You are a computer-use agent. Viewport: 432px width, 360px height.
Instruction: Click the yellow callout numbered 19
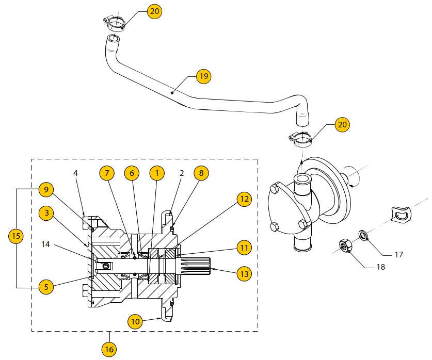click(x=204, y=76)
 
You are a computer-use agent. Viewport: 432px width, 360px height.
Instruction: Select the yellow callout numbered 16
click(x=109, y=349)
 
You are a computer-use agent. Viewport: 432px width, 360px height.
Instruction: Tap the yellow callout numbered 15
click(x=16, y=236)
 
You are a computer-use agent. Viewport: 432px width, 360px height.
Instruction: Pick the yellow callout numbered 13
click(x=244, y=273)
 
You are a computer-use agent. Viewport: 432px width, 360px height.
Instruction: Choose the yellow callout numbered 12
click(x=244, y=199)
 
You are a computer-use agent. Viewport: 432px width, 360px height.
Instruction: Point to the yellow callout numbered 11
click(x=244, y=248)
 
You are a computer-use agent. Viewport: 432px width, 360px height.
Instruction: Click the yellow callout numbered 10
click(x=135, y=321)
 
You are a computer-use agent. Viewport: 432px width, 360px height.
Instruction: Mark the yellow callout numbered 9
click(x=46, y=190)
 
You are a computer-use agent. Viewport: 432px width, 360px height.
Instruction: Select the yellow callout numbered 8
click(x=202, y=173)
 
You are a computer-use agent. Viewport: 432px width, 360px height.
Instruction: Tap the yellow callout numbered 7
click(x=107, y=173)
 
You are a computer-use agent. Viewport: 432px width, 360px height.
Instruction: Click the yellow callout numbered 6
click(x=132, y=173)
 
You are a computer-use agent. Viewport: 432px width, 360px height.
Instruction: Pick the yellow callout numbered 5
click(x=46, y=287)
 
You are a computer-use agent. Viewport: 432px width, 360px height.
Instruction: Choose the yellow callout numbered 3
click(x=46, y=212)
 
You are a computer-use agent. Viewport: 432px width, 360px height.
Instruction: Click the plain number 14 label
click(x=46, y=244)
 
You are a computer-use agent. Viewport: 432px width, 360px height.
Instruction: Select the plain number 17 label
click(x=398, y=254)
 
